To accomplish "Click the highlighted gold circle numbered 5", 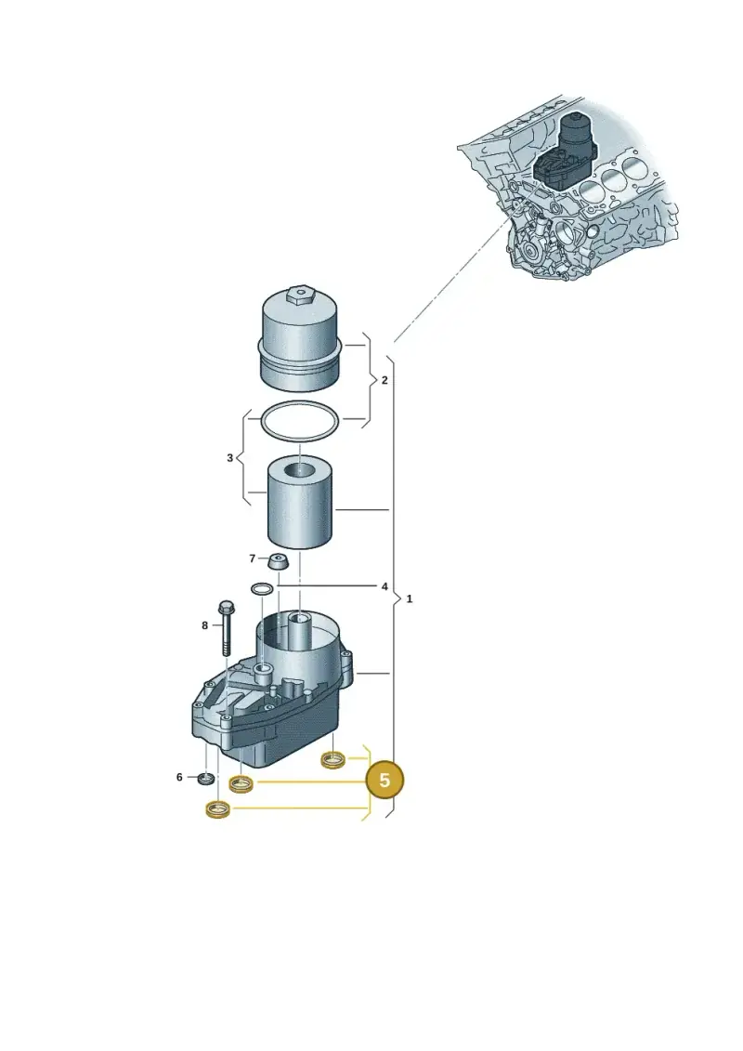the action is tap(385, 781).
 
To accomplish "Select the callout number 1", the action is tap(410, 598).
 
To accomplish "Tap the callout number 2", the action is tap(384, 380).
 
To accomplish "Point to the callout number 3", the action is tap(229, 458).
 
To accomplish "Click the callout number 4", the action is tap(385, 586).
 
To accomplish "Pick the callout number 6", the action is tap(179, 777).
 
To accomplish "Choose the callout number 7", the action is tap(252, 558).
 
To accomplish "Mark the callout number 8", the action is tap(205, 625).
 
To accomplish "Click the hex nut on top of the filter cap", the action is tap(299, 296).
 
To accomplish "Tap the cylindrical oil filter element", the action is tap(299, 503).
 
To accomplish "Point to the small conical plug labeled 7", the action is tap(277, 561).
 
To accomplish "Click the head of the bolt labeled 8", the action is tap(227, 607).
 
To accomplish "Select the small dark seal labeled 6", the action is tap(206, 778).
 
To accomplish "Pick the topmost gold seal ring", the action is tap(333, 760).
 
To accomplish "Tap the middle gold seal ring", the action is tap(241, 783).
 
